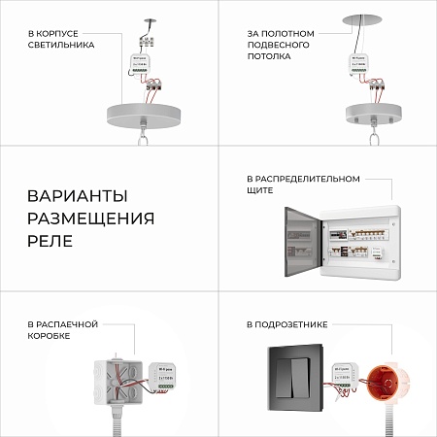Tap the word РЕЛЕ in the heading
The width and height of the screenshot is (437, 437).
pos(50,239)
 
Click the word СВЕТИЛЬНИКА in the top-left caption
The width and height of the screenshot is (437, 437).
pos(61,45)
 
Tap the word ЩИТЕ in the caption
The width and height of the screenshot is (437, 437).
pos(260,191)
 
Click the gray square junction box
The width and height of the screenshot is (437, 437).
pos(122,381)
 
